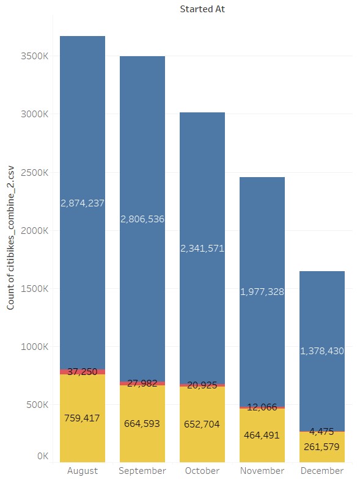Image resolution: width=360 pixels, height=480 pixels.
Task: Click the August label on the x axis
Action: pyautogui.click(x=83, y=471)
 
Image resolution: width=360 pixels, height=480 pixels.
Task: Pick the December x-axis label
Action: pyautogui.click(x=322, y=471)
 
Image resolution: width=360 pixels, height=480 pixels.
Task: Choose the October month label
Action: pyautogui.click(x=202, y=471)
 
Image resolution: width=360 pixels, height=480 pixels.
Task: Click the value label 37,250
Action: pyautogui.click(x=83, y=371)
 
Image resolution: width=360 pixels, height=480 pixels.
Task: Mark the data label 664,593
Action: pyautogui.click(x=142, y=423)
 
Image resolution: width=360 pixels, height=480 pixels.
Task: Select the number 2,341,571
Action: pyautogui.click(x=202, y=248)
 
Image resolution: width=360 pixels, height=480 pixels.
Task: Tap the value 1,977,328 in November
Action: pyautogui.click(x=262, y=291)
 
